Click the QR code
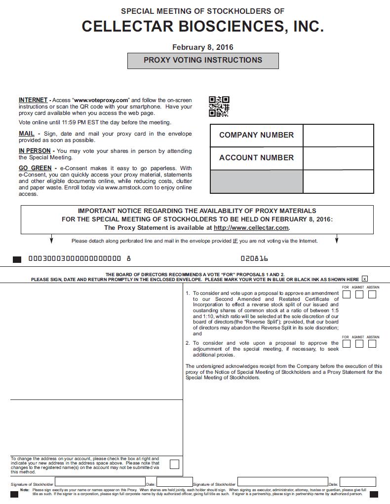[x=219, y=107]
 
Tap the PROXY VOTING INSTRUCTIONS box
[x=203, y=60]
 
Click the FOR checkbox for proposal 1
[x=347, y=294]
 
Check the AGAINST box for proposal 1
[x=359, y=294]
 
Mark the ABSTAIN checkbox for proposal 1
[x=372, y=294]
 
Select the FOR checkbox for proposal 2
[x=347, y=344]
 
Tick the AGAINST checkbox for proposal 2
[x=359, y=344]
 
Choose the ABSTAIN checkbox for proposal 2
[x=372, y=344]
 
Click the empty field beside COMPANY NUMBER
[x=338, y=136]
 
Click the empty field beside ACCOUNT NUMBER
[x=338, y=158]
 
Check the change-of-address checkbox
[x=174, y=464]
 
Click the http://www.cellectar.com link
[x=251, y=228]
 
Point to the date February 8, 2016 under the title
[x=203, y=47]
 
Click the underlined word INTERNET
[x=33, y=100]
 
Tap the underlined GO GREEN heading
[x=35, y=168]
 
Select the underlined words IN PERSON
[x=35, y=151]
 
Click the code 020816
[x=254, y=258]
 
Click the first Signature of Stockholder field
[x=100, y=482]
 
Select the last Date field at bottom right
[x=357, y=482]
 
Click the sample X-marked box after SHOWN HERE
[x=364, y=279]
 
